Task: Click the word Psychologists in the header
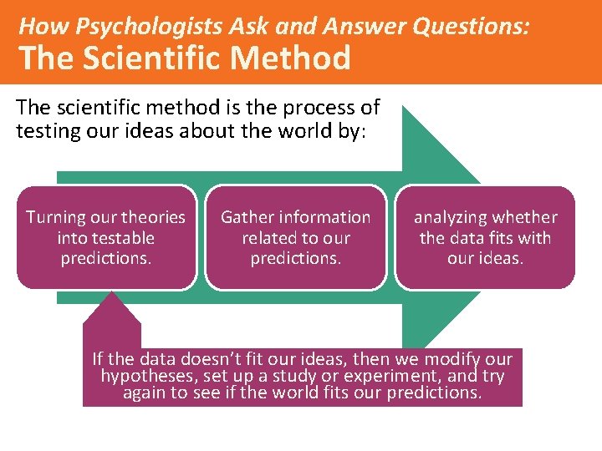pos(127,27)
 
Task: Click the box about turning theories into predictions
pos(106,238)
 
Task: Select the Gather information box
pos(295,238)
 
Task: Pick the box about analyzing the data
pos(485,238)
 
